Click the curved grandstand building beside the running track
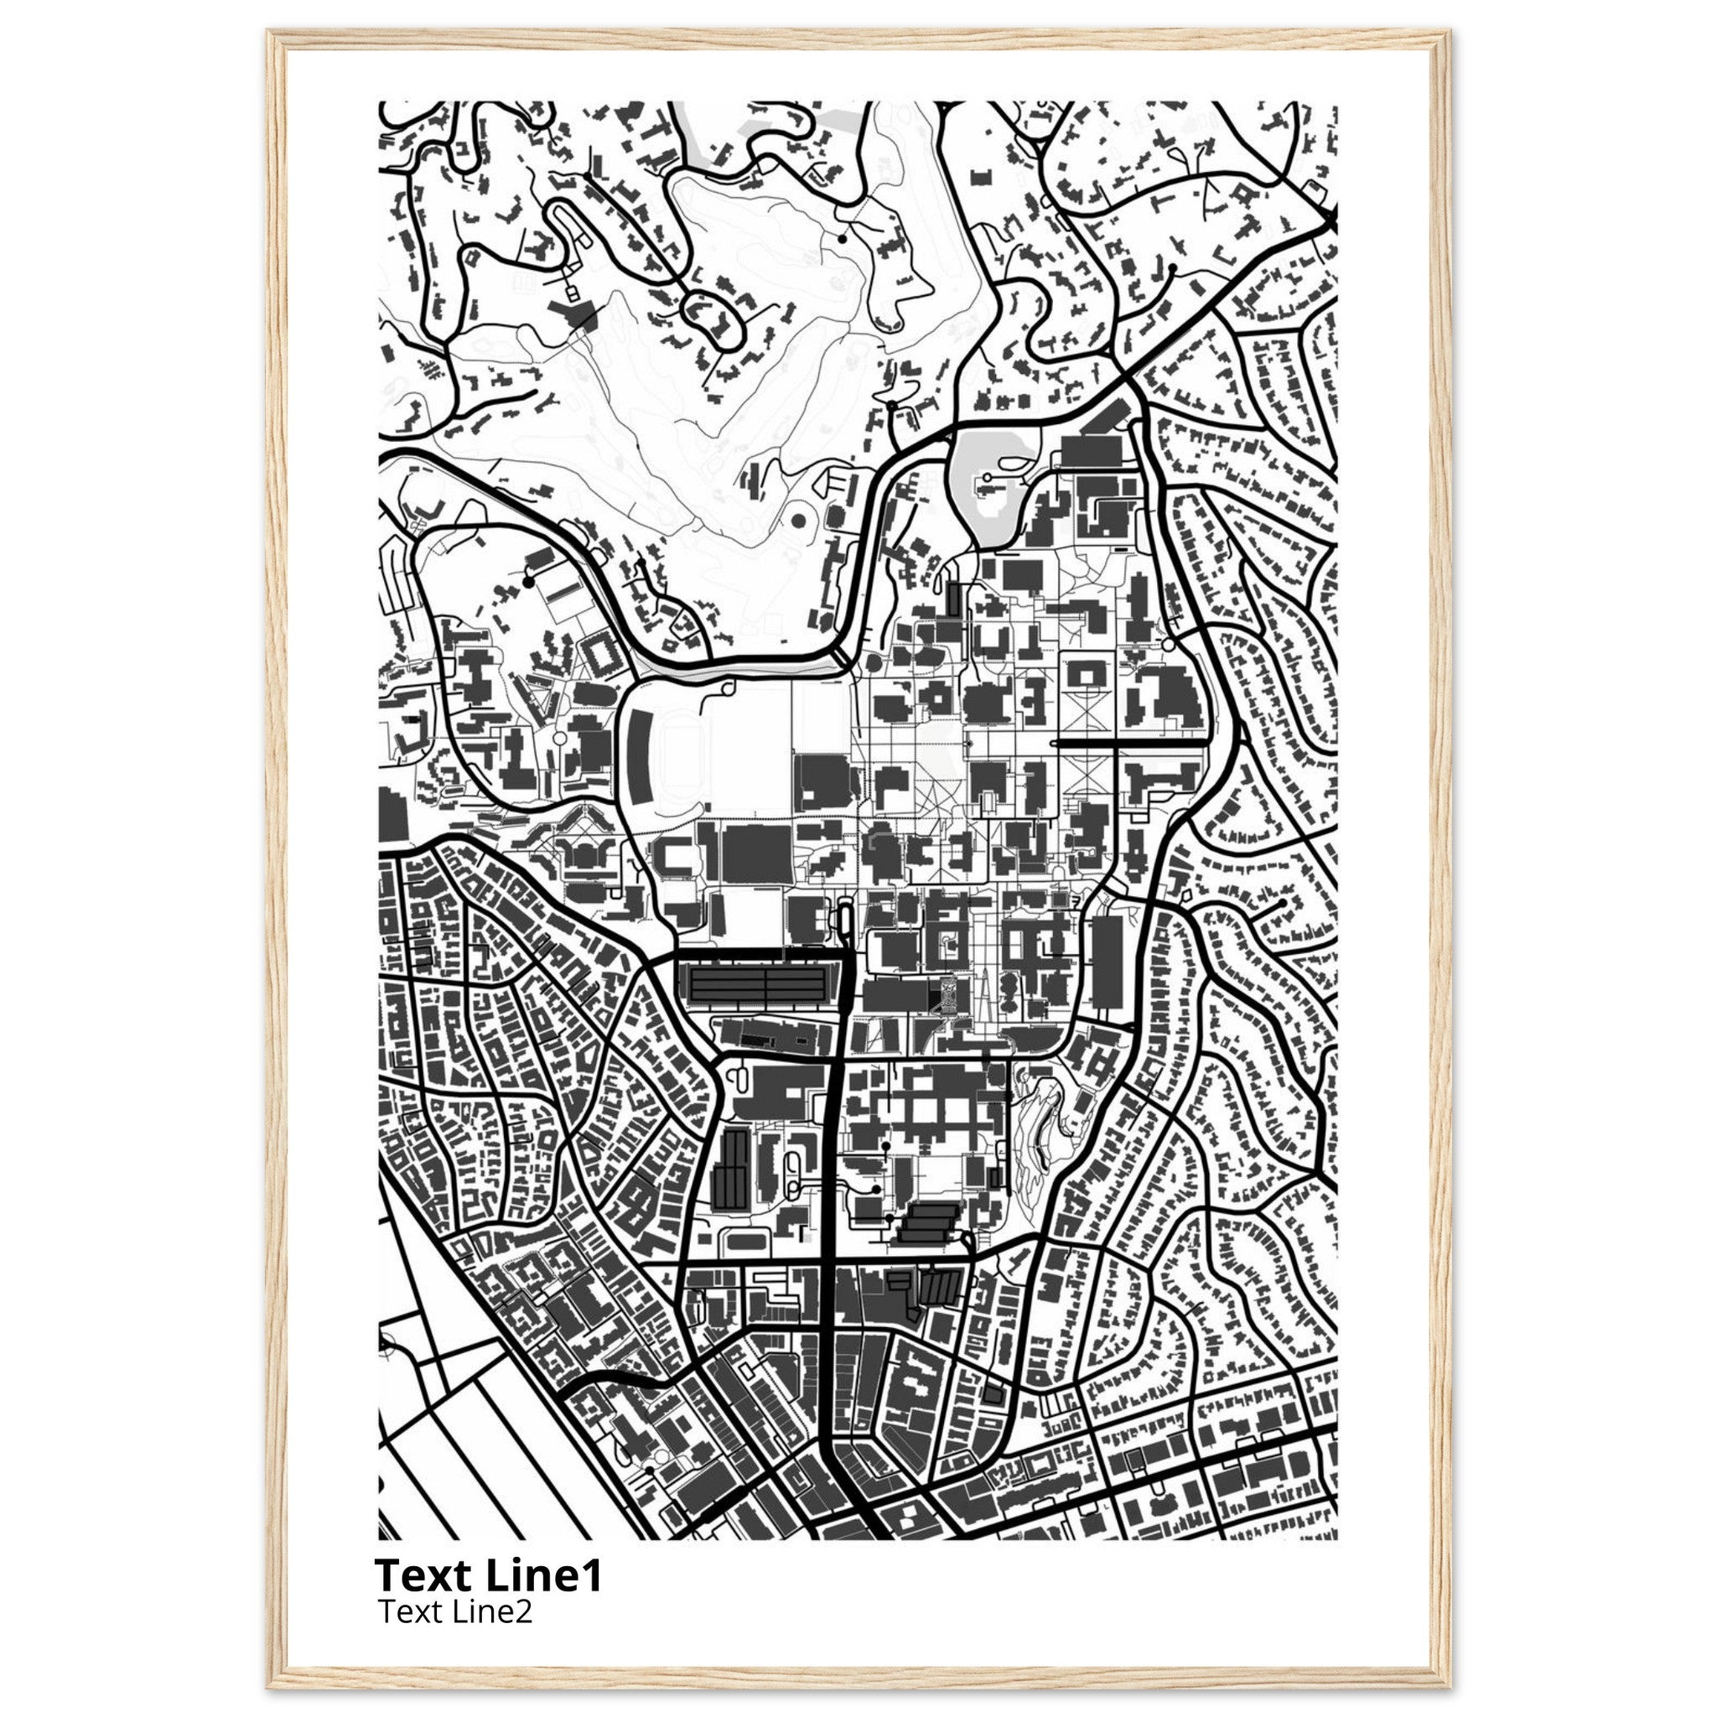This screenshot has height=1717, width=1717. coord(638,760)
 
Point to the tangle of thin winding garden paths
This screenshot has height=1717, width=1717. coord(1040,1128)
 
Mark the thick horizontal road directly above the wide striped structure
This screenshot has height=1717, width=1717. coord(757,957)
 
